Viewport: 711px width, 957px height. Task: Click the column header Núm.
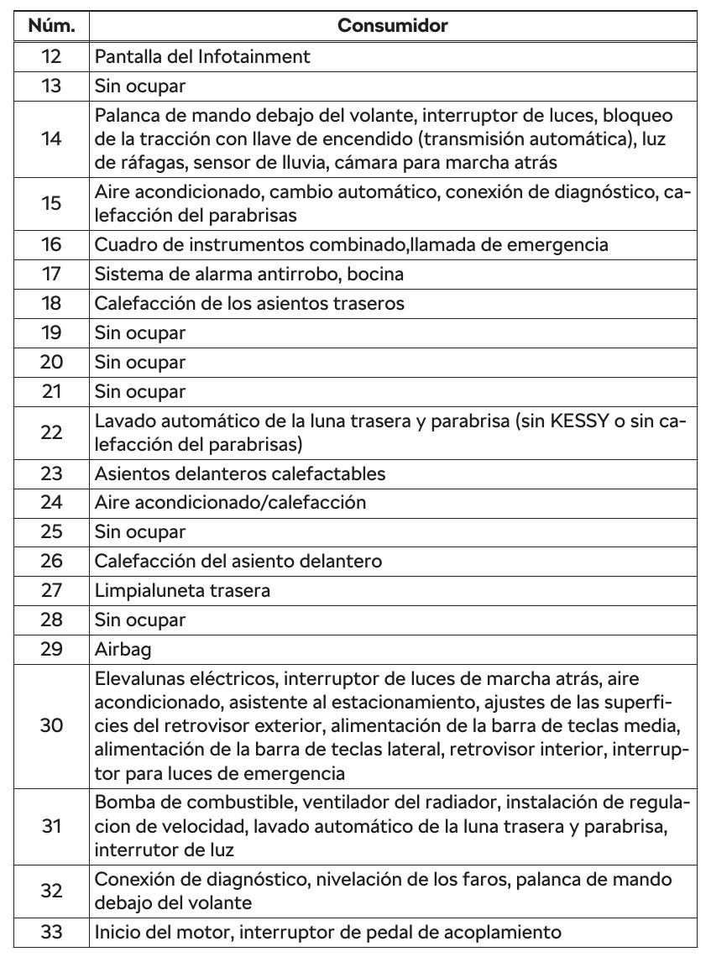point(51,26)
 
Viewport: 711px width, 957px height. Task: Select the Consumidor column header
point(392,26)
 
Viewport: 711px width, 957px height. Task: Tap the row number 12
point(51,57)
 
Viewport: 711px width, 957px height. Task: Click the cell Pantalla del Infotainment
point(202,57)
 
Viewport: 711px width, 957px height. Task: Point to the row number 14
point(51,139)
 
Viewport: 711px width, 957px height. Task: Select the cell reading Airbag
point(120,648)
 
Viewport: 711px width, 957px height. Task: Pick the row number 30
point(51,724)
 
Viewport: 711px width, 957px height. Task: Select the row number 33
point(51,931)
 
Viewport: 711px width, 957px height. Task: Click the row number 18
point(51,303)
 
